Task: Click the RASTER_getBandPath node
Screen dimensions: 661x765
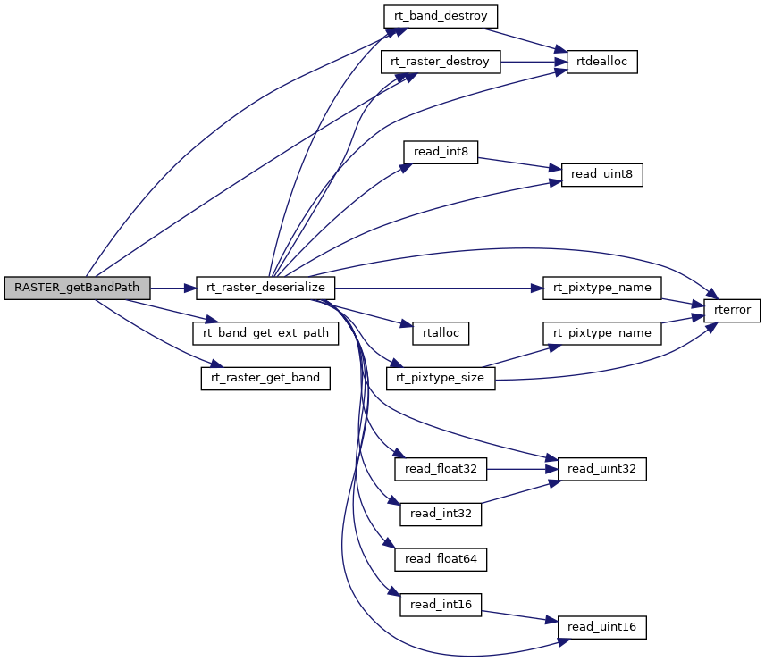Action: tap(77, 288)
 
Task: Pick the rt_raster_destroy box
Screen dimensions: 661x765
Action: tap(441, 62)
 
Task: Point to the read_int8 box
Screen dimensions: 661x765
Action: tap(441, 152)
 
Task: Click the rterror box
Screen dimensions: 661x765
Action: tap(732, 311)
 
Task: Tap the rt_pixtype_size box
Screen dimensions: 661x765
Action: tap(441, 378)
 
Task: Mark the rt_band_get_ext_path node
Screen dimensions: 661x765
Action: tap(265, 332)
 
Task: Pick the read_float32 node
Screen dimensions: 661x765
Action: tap(441, 468)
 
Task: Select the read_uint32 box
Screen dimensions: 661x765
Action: tap(601, 468)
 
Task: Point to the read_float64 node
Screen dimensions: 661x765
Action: tap(441, 559)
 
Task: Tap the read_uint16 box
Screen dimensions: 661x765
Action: tap(601, 627)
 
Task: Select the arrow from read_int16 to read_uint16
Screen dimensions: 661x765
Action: tap(518, 615)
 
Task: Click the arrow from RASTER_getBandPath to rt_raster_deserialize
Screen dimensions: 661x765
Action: tap(172, 288)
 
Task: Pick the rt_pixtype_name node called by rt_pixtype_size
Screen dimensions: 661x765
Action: tap(601, 332)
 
